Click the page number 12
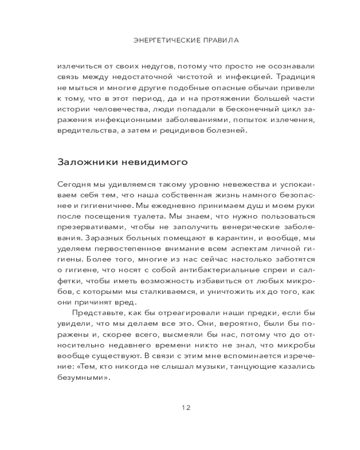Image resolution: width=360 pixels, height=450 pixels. click(x=186, y=408)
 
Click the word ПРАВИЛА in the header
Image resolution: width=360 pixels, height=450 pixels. click(x=220, y=40)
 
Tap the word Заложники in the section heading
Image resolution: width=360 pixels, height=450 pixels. click(x=85, y=161)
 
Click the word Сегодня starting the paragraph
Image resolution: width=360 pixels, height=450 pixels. click(x=74, y=184)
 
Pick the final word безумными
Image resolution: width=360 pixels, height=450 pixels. click(x=84, y=379)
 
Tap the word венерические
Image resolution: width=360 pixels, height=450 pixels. click(x=246, y=228)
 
